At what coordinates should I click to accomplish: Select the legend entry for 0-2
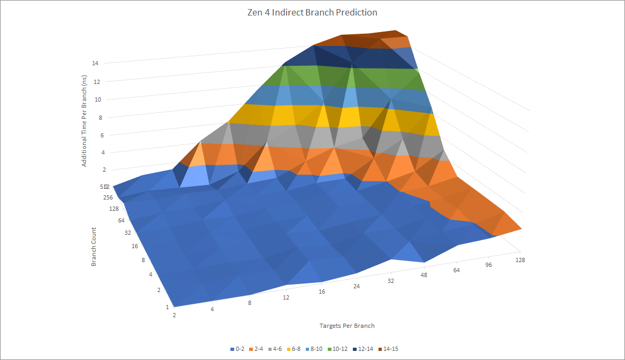click(237, 349)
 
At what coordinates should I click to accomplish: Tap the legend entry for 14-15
click(389, 349)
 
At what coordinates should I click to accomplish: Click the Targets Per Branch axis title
click(347, 326)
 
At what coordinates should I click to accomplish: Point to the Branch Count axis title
click(94, 247)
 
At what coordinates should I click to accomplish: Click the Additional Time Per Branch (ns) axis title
click(84, 121)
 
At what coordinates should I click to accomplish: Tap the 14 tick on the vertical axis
click(95, 63)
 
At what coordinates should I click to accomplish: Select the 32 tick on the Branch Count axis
click(128, 233)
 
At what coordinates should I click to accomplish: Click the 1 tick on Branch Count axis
click(167, 307)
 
